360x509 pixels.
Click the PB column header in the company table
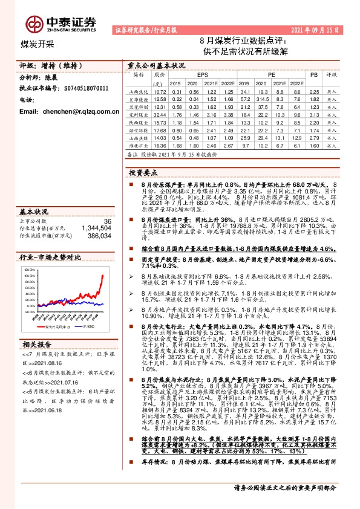coord(313,74)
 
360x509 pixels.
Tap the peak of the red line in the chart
coord(103,276)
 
